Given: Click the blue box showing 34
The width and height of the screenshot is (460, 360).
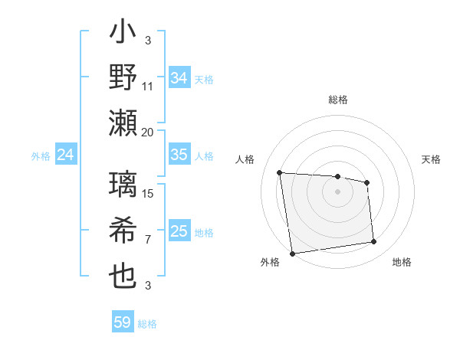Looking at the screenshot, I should coord(179,78).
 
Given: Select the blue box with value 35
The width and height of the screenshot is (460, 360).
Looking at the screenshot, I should coord(179,155).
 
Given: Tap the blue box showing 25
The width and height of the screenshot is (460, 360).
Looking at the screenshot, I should coord(179,231).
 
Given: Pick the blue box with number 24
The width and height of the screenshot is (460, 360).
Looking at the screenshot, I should coord(66,155).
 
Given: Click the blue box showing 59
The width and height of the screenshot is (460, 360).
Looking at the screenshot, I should coord(123,322).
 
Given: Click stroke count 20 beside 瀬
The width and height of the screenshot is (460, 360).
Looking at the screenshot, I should coord(148,131).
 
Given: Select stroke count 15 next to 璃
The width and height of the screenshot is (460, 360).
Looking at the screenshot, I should coord(148,194).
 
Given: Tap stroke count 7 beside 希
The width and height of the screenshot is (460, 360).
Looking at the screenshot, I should coord(148,239).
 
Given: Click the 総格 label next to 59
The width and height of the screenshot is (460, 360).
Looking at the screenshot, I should coord(147,324).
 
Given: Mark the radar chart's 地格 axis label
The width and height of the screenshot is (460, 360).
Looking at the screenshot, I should coord(402,263).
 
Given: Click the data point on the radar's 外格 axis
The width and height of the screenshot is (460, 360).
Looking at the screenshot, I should coord(292,253).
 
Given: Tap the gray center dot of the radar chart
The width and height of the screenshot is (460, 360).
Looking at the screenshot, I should coord(337,191).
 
